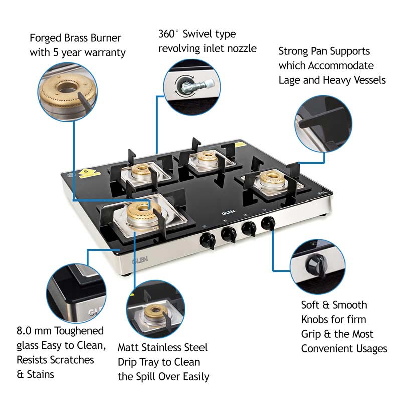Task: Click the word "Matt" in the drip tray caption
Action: click(129, 347)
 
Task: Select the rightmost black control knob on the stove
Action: click(267, 223)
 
